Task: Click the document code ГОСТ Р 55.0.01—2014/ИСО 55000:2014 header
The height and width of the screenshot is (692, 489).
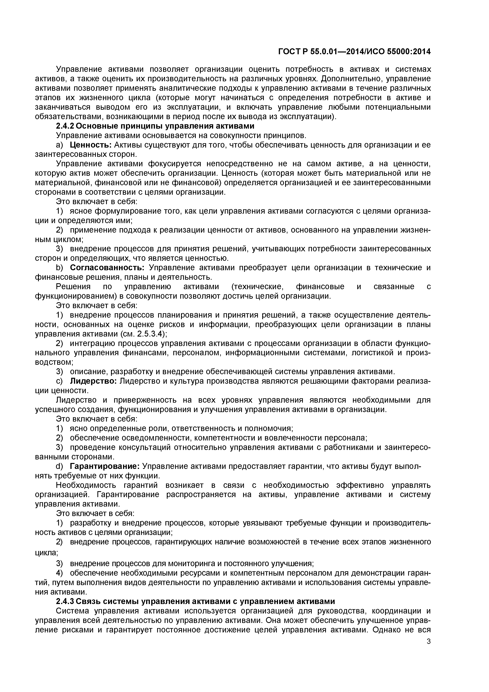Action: click(x=354, y=52)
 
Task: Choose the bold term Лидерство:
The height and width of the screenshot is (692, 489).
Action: click(x=93, y=381)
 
